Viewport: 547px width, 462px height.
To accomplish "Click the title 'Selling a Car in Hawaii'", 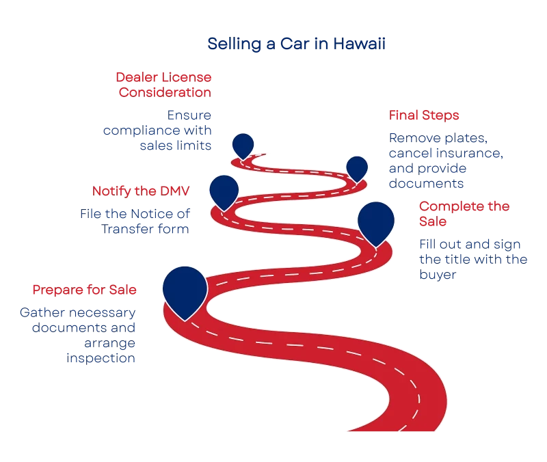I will (x=297, y=45).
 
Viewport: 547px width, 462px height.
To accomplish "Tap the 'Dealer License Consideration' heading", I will (x=163, y=84).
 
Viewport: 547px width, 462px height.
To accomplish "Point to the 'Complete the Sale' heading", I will (x=464, y=214).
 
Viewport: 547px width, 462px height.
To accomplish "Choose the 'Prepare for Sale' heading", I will (x=85, y=290).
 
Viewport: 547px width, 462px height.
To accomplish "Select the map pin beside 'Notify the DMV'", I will (x=224, y=190).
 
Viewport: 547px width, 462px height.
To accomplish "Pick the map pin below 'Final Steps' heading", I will (x=357, y=167).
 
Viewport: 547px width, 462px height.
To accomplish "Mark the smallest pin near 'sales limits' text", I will (x=243, y=144).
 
